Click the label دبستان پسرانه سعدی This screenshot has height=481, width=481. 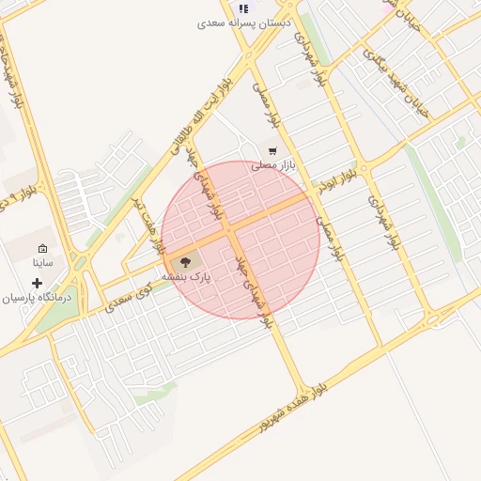[x=243, y=22]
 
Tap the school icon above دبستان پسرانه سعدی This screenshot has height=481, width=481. [x=244, y=8]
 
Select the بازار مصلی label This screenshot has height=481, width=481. [x=273, y=164]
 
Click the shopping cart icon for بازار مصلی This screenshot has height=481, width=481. [x=273, y=150]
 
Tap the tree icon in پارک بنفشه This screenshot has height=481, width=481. [x=184, y=263]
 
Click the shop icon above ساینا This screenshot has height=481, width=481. [x=43, y=249]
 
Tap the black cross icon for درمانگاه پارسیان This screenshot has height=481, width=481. [x=38, y=283]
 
